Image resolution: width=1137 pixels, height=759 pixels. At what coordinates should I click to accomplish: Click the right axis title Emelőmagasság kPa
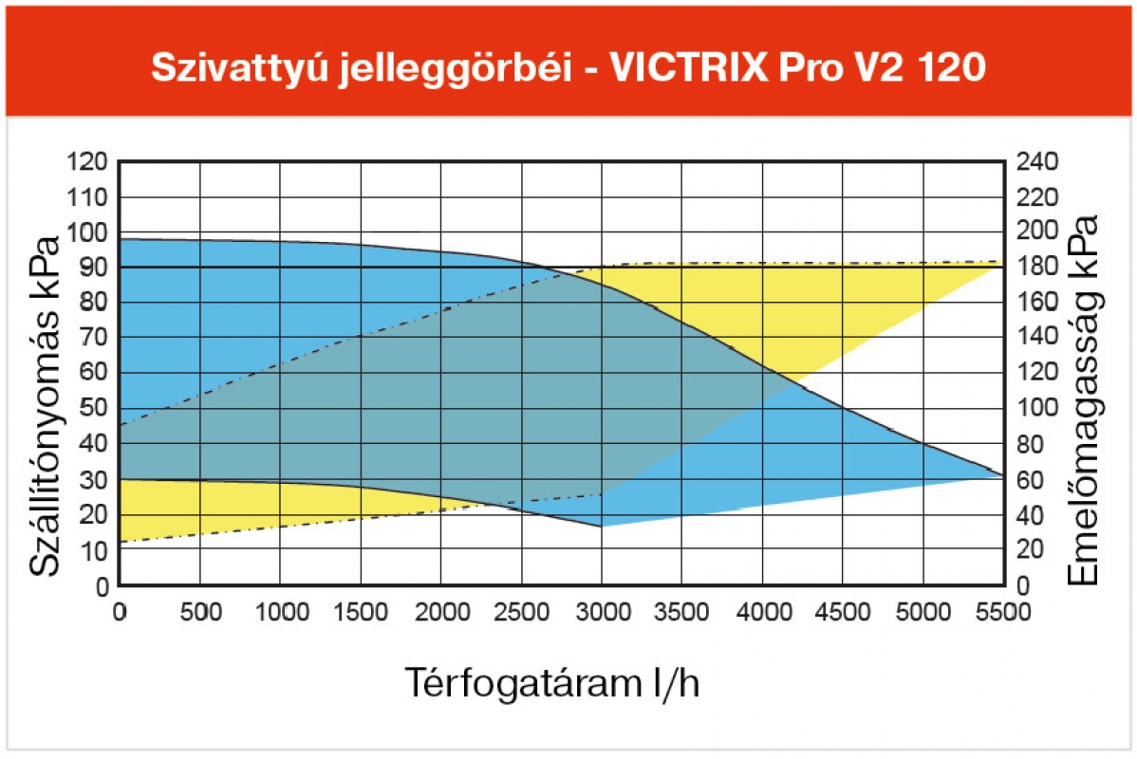pos(1083,399)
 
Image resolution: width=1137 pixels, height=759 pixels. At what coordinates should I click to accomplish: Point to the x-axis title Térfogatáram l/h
pos(553,682)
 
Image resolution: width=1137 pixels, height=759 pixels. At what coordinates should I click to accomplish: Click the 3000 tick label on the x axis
pos(601,613)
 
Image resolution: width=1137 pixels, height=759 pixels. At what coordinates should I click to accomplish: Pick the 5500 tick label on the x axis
pos(1002,613)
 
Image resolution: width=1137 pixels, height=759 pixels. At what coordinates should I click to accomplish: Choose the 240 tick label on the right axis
pos(1036,162)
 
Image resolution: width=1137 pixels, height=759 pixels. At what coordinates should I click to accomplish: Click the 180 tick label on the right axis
pos(1036,268)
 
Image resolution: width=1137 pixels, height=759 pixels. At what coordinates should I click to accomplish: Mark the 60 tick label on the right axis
pos(1032,480)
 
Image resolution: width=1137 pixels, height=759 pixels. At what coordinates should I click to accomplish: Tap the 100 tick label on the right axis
pos(1036,409)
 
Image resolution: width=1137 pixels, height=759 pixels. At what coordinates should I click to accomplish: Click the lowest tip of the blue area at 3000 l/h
pos(601,527)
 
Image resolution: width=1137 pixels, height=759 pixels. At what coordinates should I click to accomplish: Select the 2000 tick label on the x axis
pos(440,613)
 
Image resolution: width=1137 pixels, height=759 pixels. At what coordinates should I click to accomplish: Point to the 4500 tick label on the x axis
pos(842,613)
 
